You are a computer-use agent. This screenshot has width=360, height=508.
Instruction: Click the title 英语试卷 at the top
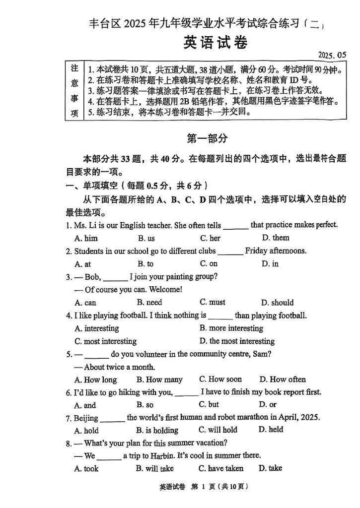pos(215,43)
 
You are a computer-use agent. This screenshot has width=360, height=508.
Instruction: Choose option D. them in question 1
pos(276,238)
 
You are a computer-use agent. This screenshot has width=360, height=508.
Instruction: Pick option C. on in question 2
pos(209,264)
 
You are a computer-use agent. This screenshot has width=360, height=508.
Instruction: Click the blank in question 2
pos(230,252)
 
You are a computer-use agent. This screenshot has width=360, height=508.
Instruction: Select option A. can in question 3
pos(85,303)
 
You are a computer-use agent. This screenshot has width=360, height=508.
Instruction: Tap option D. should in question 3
pos(277,303)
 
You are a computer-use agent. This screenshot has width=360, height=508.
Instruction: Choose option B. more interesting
pos(231,328)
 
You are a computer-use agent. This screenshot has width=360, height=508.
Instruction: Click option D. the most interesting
pos(237,341)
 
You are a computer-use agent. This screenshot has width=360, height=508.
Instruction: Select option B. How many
pos(159,380)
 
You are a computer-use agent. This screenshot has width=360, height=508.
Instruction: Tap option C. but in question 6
pos(209,405)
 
